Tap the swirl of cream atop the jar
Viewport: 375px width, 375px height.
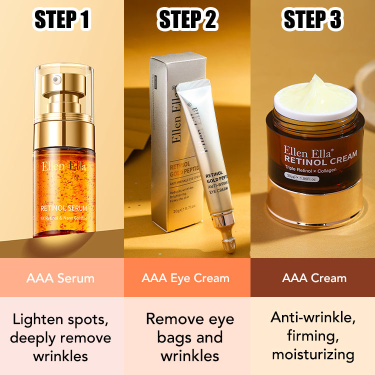[312, 92]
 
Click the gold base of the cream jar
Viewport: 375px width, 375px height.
[312, 207]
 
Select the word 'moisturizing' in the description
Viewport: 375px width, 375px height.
[312, 355]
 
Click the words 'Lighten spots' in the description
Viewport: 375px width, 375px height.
[60, 318]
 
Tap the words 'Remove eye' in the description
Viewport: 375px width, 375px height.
[189, 318]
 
